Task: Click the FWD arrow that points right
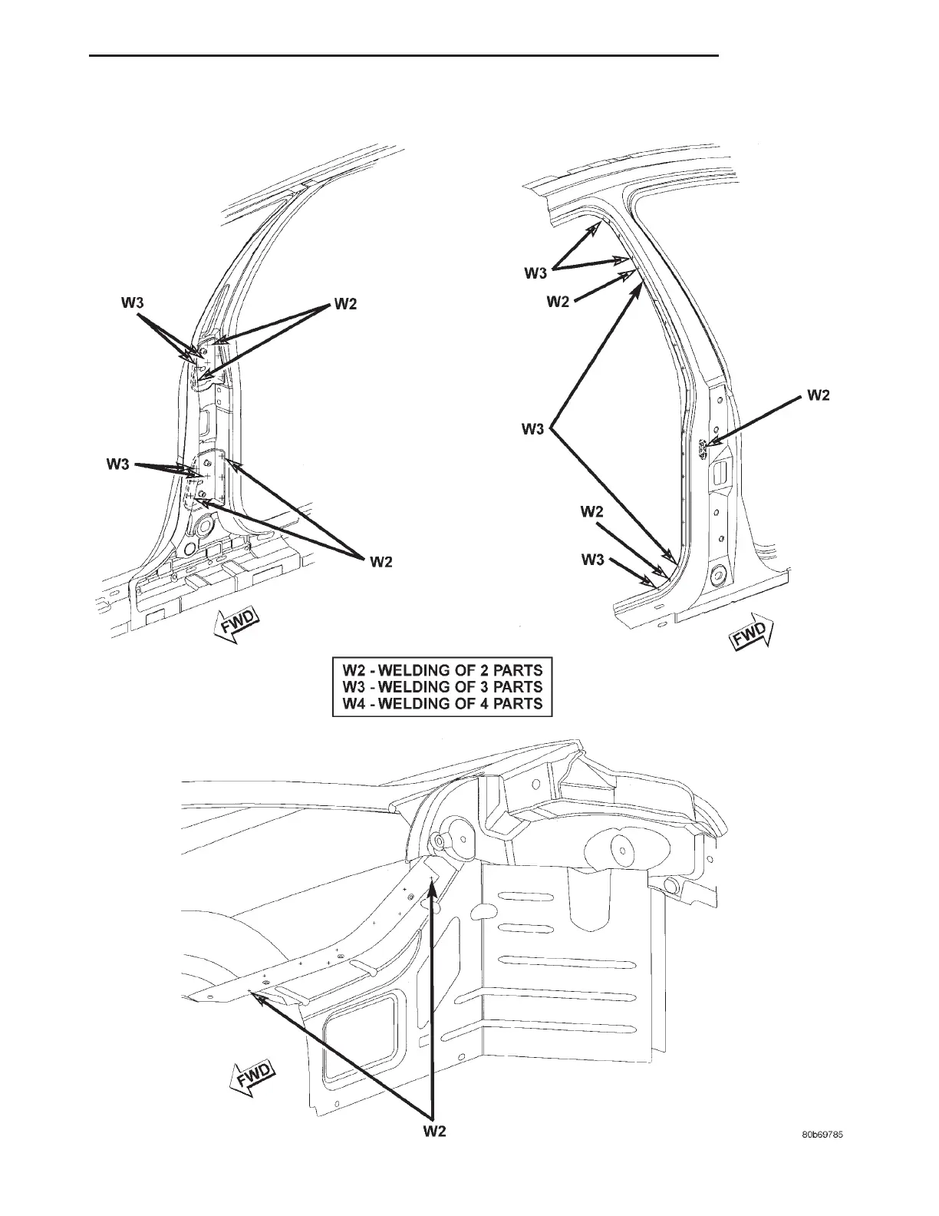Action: click(x=749, y=633)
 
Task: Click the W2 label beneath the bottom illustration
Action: click(x=434, y=1132)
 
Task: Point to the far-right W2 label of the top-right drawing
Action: click(x=818, y=395)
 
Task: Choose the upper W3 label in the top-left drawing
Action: click(x=132, y=302)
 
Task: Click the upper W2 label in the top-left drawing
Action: click(x=345, y=304)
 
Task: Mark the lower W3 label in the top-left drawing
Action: click(x=117, y=464)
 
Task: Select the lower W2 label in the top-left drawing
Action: click(x=381, y=562)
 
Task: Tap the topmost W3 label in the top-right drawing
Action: click(x=535, y=273)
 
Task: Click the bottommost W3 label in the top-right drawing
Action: click(x=593, y=560)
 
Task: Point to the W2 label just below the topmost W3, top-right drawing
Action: click(x=558, y=302)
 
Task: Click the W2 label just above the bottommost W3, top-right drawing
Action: click(x=592, y=511)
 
